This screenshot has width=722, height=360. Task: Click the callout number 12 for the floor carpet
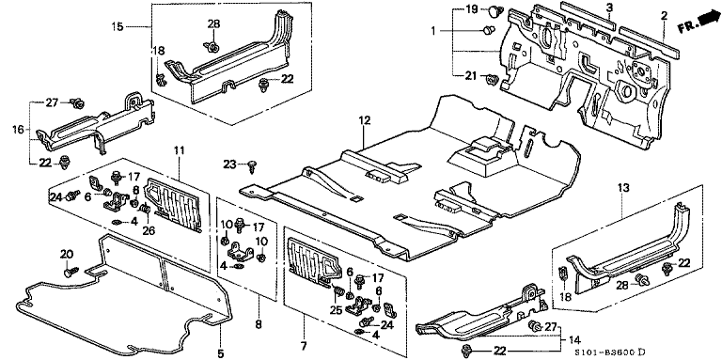tap(364, 120)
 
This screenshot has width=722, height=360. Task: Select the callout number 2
tap(664, 16)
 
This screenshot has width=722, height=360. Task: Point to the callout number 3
tap(609, 7)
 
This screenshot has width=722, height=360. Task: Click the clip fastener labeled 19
tap(495, 10)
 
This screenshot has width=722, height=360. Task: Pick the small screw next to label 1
tap(488, 30)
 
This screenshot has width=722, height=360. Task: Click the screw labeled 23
tap(252, 165)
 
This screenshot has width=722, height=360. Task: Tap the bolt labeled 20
tap(71, 272)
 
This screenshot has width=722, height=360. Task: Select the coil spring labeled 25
tap(338, 291)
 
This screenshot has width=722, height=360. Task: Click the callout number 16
tap(18, 130)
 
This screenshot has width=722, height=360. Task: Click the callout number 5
tap(221, 353)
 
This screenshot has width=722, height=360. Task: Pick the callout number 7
tap(304, 345)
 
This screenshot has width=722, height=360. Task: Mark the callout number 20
tap(67, 254)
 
